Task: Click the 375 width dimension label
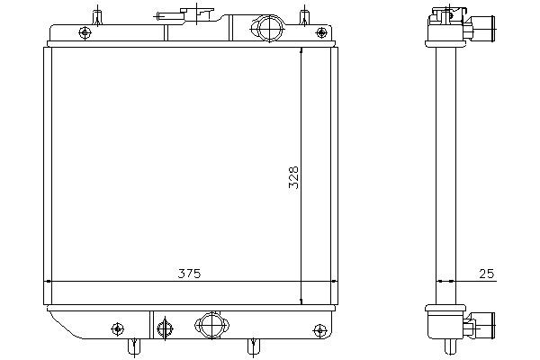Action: (189, 274)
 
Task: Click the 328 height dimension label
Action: (293, 178)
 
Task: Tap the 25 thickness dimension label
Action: (487, 274)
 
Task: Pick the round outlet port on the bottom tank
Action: (211, 325)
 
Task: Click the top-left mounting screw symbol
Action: (85, 33)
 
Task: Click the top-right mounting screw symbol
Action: (321, 32)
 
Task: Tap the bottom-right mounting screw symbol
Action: (319, 330)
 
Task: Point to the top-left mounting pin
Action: (97, 17)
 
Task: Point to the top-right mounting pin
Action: (304, 17)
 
